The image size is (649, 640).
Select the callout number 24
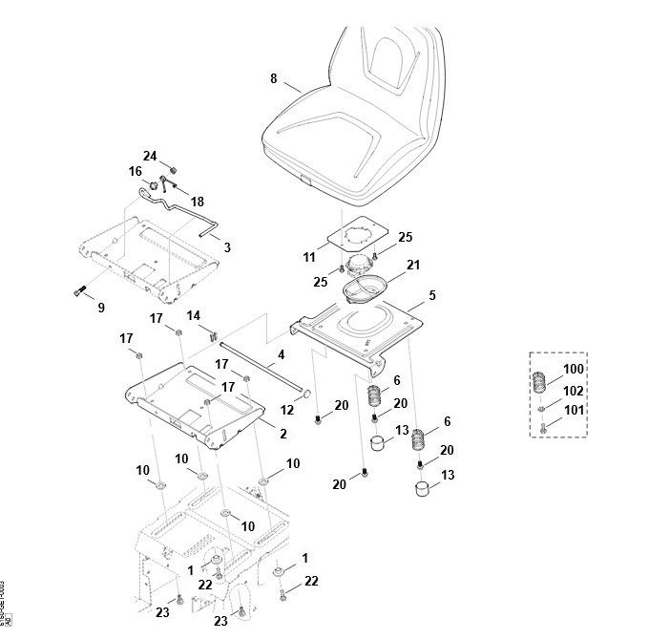click(150, 156)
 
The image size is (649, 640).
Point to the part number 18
click(198, 202)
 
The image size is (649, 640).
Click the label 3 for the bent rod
click(227, 247)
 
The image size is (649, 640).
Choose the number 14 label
click(193, 315)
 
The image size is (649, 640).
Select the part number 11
click(309, 257)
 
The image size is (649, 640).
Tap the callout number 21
click(412, 264)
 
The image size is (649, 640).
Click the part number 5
click(431, 296)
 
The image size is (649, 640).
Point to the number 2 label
click(283, 434)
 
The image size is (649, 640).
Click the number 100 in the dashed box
click(573, 369)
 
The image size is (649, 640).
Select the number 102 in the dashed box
click(573, 391)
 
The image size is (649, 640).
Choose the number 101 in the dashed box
click(573, 411)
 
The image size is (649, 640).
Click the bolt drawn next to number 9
click(78, 290)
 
